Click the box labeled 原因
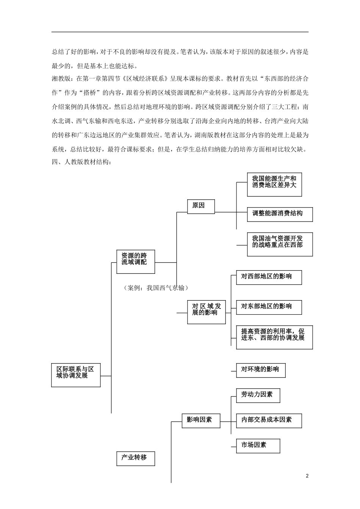(x=201, y=206)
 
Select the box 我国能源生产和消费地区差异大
(x=274, y=185)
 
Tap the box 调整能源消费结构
(x=280, y=214)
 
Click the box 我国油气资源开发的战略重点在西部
(x=280, y=244)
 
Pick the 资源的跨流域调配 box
(x=136, y=261)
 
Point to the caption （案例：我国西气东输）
(x=156, y=288)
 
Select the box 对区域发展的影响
(x=206, y=312)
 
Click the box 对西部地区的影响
(x=269, y=277)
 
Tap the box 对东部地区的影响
(x=269, y=307)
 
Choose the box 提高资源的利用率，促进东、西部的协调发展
(x=274, y=337)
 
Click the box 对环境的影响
(x=261, y=370)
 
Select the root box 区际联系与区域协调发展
(x=76, y=375)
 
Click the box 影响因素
(x=201, y=420)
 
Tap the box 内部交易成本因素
(x=269, y=420)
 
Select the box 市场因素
(x=258, y=446)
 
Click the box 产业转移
(x=136, y=458)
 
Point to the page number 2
(x=307, y=476)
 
